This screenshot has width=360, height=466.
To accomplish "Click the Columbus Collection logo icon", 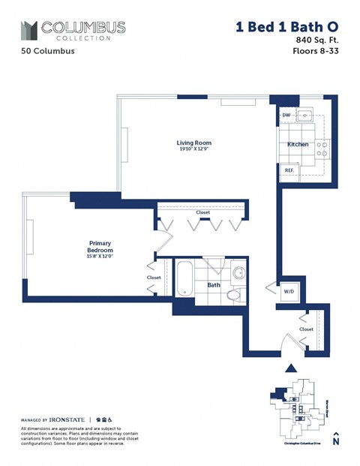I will coord(29,30).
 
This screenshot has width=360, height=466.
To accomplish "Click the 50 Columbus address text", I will coord(42,53).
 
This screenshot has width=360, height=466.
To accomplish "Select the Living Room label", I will coord(193,143).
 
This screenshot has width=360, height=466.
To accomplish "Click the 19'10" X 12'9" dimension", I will coord(193,149).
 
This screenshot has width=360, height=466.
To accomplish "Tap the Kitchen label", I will coord(298,144).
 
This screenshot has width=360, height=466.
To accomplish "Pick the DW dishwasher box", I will coord(286,116).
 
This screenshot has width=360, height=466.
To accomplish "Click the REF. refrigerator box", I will coord(289,170).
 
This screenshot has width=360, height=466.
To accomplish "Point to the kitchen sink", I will coord(305,116).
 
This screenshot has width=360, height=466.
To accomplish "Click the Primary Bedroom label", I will coord(100,247).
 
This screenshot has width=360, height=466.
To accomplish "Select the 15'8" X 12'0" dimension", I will coord(100,257).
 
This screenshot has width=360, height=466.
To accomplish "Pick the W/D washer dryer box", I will coord(288,293).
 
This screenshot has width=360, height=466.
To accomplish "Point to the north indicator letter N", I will coord(336,442).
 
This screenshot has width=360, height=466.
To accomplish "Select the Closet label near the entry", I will coord(306,329).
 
